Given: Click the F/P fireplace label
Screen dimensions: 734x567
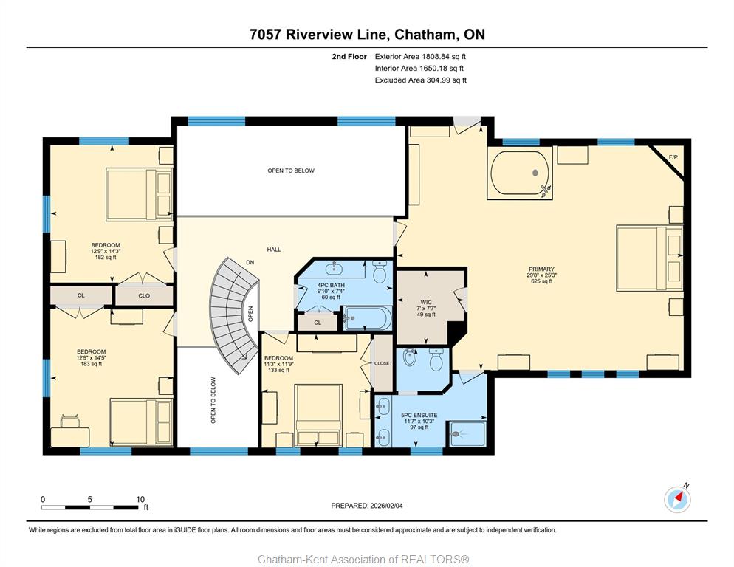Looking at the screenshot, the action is coord(673,157).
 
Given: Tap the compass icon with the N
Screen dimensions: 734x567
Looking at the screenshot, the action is coord(677,499).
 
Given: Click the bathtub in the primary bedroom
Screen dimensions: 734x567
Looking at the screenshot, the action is coord(520,173).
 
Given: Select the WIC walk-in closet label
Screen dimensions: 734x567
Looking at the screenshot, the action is coord(426,302).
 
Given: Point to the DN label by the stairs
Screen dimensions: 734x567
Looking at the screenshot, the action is coord(250,263).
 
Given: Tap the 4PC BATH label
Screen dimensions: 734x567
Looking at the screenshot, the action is coord(331,285).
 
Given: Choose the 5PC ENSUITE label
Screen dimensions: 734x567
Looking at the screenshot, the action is coord(419,416).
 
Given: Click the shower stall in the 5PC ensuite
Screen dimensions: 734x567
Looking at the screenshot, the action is coord(467,434).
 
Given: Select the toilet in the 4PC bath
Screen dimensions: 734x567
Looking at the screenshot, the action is coord(380,272).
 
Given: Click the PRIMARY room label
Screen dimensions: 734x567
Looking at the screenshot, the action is coord(541,269).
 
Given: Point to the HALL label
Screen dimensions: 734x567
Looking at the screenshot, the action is coord(274,250).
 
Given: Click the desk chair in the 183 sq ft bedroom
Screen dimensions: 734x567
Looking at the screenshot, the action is coord(69,421).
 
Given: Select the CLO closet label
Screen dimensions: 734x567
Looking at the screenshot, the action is coord(144,295).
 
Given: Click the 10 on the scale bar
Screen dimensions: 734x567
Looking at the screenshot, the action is coord(140,499).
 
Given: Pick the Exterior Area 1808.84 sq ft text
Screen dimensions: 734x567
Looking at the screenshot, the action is coord(420,57).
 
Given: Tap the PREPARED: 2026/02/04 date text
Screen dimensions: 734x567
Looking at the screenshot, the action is coord(367,506).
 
